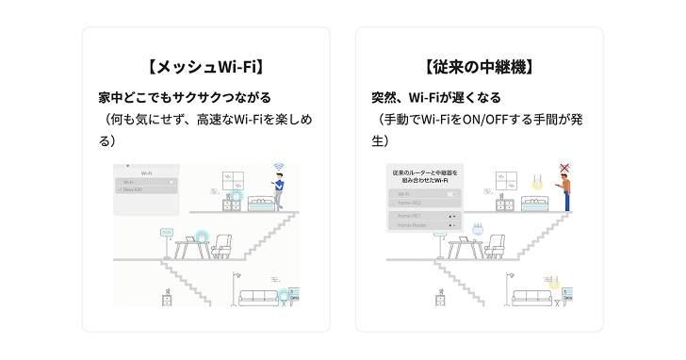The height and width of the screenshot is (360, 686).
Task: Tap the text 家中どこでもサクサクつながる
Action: click(x=185, y=97)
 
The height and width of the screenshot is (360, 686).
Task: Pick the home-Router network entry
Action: click(x=415, y=226)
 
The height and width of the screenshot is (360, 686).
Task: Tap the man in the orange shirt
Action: click(x=566, y=193)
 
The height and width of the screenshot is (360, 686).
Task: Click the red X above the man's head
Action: click(x=564, y=169)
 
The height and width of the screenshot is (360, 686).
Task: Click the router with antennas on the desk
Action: click(x=477, y=229)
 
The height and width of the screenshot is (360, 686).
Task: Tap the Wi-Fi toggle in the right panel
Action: click(x=449, y=193)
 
